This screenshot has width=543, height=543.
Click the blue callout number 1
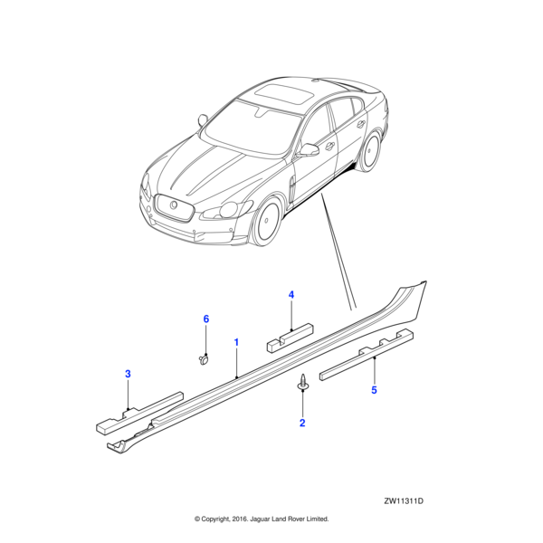(236, 342)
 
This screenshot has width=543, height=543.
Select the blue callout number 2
(302, 423)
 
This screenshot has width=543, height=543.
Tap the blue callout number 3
(128, 374)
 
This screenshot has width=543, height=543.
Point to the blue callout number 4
(291, 295)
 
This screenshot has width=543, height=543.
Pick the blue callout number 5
(374, 390)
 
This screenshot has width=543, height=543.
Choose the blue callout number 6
(206, 319)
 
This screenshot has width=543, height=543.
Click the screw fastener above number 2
(303, 381)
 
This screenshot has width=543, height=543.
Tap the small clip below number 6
(204, 358)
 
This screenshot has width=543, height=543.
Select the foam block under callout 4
(291, 338)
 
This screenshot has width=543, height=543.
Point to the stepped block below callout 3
(139, 414)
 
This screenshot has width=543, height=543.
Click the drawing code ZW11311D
(404, 501)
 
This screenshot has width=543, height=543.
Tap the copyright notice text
(262, 519)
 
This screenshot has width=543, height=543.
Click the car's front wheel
(266, 221)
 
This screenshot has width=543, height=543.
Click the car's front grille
(173, 207)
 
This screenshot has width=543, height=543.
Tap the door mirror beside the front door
(308, 150)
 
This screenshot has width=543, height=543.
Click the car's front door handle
(330, 147)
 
